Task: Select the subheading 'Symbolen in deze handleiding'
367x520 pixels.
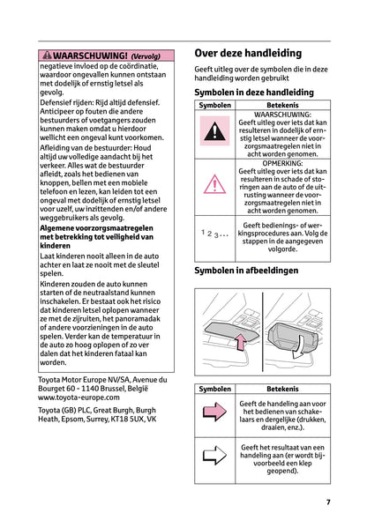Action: coord(253,92)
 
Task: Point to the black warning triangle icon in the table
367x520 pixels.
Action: coord(214,133)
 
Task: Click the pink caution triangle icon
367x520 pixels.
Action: coord(214,183)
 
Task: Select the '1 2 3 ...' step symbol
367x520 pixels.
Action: coord(214,233)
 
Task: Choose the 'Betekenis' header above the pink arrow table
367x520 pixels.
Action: coord(281,389)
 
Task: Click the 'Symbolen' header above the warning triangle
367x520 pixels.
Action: coord(214,105)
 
